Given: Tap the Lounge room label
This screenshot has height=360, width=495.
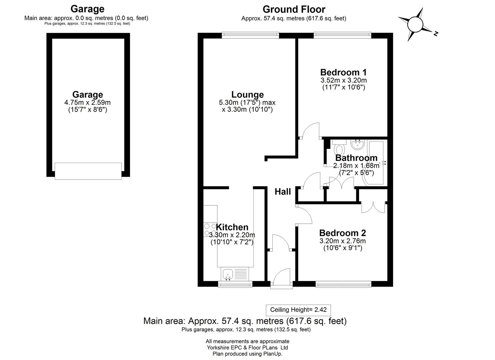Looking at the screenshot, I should pyautogui.click(x=247, y=95).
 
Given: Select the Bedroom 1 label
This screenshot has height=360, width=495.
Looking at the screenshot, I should pyautogui.click(x=343, y=72).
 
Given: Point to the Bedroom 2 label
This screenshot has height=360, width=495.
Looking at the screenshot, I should pyautogui.click(x=342, y=233).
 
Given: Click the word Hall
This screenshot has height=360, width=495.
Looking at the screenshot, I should pyautogui.click(x=283, y=192).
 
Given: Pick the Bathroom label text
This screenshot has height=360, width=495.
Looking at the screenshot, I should pyautogui.click(x=356, y=158).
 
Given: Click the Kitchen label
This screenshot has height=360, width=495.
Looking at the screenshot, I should pyautogui.click(x=232, y=227).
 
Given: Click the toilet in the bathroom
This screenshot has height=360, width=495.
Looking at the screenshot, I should pyautogui.click(x=339, y=148).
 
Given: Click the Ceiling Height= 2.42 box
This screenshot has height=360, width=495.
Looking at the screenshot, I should pyautogui.click(x=298, y=310).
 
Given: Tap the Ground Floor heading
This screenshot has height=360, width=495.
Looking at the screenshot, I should pyautogui.click(x=294, y=9).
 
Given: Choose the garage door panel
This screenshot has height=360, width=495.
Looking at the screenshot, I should pyautogui.click(x=88, y=171).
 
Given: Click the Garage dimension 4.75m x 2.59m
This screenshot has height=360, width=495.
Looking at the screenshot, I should pyautogui.click(x=87, y=102).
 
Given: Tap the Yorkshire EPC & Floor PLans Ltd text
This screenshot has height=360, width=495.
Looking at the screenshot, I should pyautogui.click(x=247, y=348).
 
